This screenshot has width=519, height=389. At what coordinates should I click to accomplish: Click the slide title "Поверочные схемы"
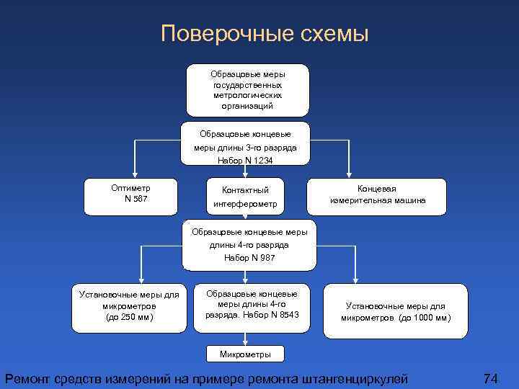(265, 34)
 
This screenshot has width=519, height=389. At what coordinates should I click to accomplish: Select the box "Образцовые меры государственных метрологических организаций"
(247, 90)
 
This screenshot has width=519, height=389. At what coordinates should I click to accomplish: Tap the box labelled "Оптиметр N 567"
(130, 196)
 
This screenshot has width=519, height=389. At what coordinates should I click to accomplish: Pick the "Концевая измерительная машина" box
(378, 196)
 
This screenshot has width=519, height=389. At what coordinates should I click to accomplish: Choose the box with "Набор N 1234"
(245, 143)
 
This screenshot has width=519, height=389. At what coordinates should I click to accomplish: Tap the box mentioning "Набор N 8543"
(252, 308)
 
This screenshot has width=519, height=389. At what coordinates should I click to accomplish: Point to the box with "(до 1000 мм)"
(395, 310)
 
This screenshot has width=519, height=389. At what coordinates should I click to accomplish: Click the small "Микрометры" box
(245, 354)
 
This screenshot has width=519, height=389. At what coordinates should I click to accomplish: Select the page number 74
(490, 378)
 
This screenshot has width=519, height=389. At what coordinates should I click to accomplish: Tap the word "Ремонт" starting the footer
(29, 378)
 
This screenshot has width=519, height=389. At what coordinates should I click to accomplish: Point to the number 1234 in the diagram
(259, 160)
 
